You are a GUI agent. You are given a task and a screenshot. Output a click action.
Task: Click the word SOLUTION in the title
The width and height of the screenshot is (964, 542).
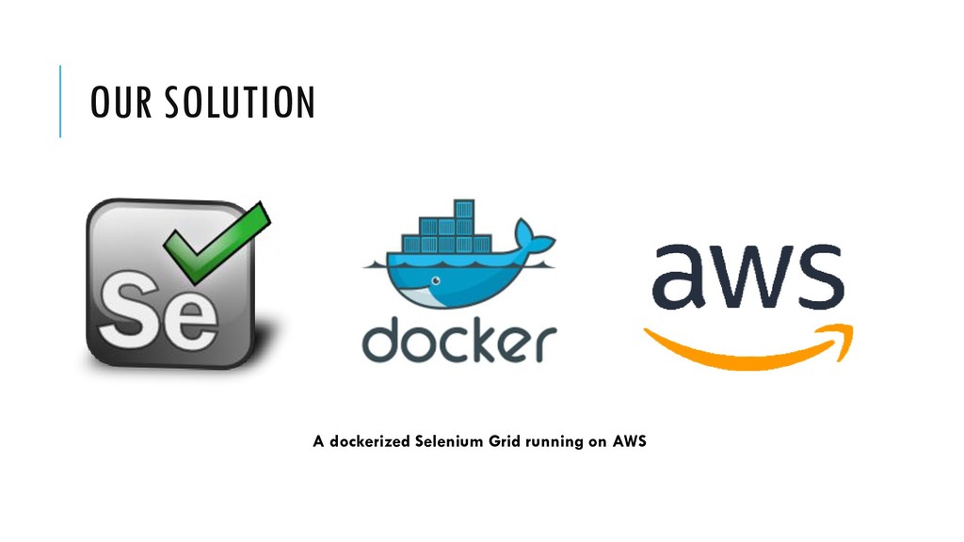click(x=239, y=103)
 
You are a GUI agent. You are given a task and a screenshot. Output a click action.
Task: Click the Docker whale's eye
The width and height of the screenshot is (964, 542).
click(x=435, y=280)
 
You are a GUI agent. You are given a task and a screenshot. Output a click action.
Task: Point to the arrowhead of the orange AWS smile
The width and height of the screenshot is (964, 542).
click(x=840, y=336)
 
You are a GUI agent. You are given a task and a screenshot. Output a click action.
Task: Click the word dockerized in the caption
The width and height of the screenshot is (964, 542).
click(x=369, y=440)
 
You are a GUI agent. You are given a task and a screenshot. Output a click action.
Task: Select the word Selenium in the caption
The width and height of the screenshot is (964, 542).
click(x=448, y=440)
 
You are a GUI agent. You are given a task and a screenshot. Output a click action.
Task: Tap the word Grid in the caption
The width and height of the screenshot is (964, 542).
click(x=504, y=440)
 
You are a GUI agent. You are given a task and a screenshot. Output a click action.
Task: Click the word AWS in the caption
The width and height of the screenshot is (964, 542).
click(x=629, y=440)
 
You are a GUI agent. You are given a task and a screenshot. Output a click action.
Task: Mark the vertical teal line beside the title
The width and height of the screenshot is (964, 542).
click(x=60, y=102)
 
